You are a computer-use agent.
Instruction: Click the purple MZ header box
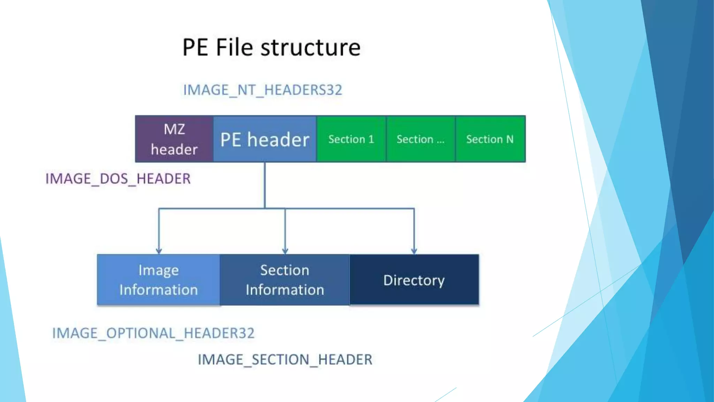(174, 139)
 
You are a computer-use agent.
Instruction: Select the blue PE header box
(265, 139)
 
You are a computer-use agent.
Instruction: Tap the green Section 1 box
(351, 139)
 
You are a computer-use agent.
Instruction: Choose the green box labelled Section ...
(420, 139)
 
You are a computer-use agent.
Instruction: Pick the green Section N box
(490, 139)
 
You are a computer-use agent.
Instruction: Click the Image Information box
(159, 280)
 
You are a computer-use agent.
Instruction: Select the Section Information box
(285, 280)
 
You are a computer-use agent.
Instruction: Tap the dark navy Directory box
(414, 280)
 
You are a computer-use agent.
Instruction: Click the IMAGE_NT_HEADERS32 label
(263, 90)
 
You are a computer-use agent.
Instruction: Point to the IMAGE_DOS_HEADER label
(118, 179)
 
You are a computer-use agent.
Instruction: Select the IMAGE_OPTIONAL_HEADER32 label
(153, 333)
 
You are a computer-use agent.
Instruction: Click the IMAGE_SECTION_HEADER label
(285, 359)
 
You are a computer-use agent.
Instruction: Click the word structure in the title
(310, 47)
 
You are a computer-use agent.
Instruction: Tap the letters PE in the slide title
(195, 47)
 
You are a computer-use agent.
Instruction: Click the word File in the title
(234, 47)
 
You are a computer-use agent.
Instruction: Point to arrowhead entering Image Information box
(159, 251)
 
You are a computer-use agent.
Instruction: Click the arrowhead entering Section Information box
(285, 251)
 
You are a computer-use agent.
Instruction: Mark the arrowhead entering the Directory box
(414, 251)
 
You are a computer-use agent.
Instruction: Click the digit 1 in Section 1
(371, 139)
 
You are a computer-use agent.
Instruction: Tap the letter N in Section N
(510, 139)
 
